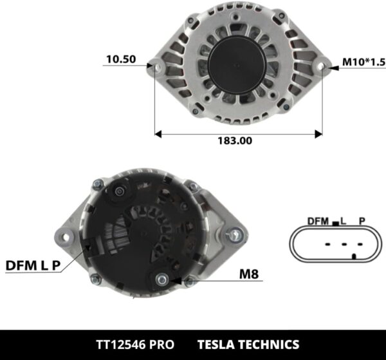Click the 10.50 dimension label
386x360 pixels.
[120, 59]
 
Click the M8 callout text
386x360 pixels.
[249, 274]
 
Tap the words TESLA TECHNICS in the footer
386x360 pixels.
[249, 345]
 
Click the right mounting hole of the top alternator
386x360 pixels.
[322, 66]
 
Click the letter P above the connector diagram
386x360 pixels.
[362, 221]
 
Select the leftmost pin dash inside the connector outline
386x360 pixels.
[327, 245]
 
